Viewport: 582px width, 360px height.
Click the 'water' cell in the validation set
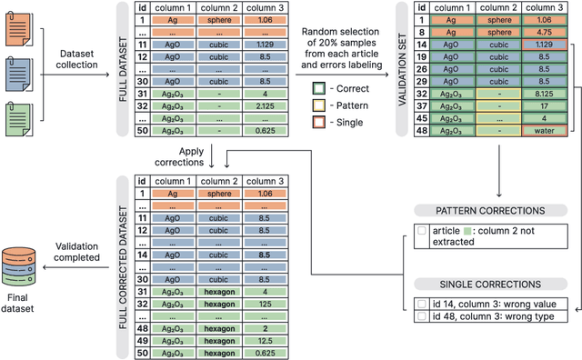click(x=544, y=130)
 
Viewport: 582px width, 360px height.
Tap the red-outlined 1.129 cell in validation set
click(x=544, y=44)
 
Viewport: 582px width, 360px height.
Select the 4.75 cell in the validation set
click(x=544, y=31)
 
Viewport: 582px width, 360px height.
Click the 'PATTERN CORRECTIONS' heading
click(x=489, y=211)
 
